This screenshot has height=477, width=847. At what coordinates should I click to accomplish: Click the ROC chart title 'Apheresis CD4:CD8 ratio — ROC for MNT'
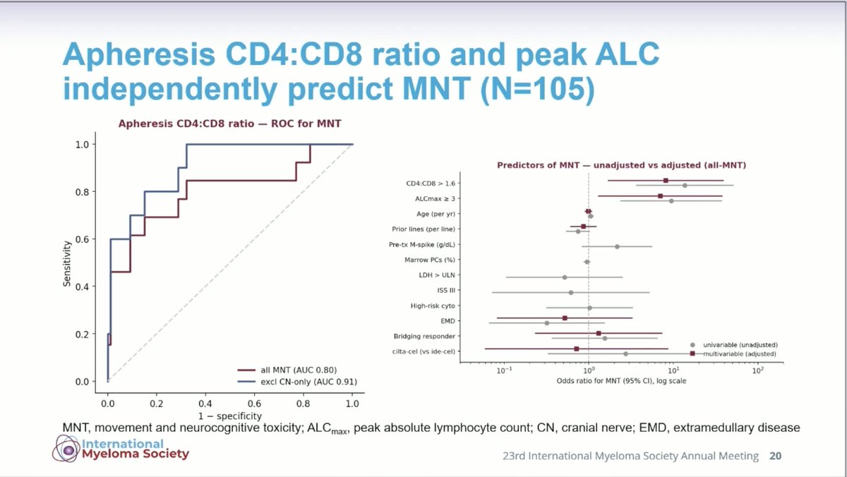229,123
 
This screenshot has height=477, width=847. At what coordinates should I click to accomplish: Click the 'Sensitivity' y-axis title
67,263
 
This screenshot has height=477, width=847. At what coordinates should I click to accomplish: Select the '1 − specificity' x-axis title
230,416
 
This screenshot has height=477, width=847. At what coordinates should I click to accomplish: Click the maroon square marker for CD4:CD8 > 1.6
666,181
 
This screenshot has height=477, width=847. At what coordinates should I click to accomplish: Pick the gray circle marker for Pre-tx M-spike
617,247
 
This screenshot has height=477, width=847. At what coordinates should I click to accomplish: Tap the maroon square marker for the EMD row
565,318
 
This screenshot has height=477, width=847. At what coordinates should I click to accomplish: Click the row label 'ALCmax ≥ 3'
435,199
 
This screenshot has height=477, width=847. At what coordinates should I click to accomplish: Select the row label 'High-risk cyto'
433,306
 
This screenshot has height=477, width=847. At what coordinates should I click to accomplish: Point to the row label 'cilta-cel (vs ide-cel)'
423,351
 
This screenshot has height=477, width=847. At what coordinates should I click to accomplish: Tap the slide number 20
775,456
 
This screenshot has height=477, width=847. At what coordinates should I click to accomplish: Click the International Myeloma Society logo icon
66,449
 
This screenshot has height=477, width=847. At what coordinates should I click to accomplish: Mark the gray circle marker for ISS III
571,293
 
